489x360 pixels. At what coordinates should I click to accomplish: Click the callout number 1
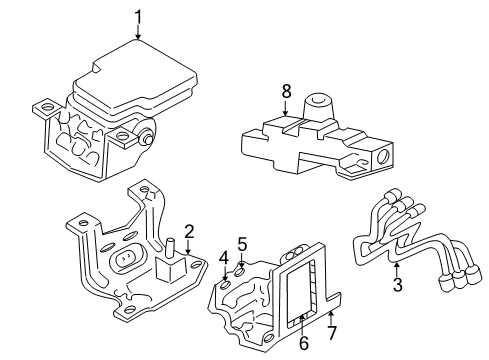pyautogui.click(x=137, y=15)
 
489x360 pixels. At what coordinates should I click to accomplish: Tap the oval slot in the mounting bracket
pyautogui.click(x=128, y=263)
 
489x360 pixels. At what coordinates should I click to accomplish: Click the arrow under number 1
pyautogui.click(x=137, y=32)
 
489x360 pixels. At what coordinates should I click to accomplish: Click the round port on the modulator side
pyautogui.click(x=146, y=138)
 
